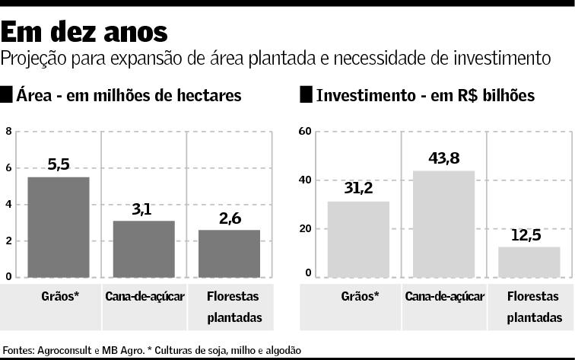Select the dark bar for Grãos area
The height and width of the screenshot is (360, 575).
[59, 227]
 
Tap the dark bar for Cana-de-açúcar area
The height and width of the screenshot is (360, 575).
[144, 249]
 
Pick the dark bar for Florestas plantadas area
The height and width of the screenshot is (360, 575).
[229, 253]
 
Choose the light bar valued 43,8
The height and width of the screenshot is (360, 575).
[443, 224]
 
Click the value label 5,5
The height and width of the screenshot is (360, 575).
[59, 164]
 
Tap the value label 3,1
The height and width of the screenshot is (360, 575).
[142, 209]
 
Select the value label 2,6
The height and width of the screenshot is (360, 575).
[228, 218]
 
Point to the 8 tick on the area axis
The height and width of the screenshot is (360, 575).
[8, 131]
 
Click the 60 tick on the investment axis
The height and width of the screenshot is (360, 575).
[304, 131]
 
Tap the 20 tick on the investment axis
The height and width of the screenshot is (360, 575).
[304, 228]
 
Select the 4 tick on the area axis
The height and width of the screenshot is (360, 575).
[8, 204]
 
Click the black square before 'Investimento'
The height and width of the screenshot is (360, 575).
[307, 95]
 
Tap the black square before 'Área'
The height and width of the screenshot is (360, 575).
[7, 95]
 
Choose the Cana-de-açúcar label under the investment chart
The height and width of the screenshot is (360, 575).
[443, 295]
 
